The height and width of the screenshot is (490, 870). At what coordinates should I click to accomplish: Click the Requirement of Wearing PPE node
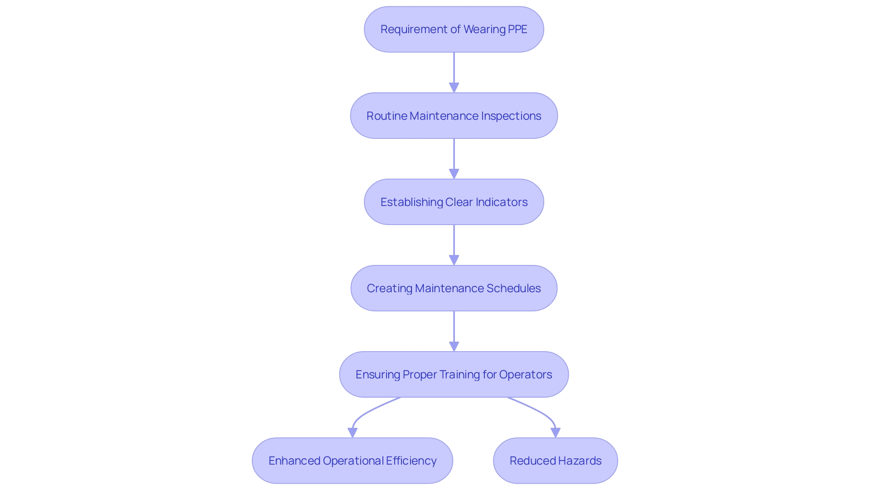click(x=454, y=29)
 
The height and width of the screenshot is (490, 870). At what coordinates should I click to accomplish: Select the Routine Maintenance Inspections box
click(x=454, y=116)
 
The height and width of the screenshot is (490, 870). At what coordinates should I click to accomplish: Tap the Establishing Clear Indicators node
click(x=454, y=202)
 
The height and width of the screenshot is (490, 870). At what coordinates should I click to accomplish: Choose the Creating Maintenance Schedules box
click(x=454, y=288)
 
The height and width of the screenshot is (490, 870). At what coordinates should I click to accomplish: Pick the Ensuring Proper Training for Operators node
click(x=454, y=374)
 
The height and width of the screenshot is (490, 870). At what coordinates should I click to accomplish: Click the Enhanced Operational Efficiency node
click(x=352, y=461)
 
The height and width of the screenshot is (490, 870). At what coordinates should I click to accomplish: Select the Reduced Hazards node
click(x=555, y=461)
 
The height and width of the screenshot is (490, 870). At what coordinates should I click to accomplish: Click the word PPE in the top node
click(x=517, y=29)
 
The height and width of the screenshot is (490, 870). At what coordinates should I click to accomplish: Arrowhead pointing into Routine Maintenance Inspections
click(x=454, y=88)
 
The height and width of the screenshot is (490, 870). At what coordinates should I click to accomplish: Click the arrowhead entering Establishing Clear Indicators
click(x=454, y=174)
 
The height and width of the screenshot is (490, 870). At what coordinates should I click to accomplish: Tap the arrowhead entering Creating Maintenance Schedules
click(x=454, y=260)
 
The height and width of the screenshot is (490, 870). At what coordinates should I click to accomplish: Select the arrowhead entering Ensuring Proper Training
click(x=454, y=346)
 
